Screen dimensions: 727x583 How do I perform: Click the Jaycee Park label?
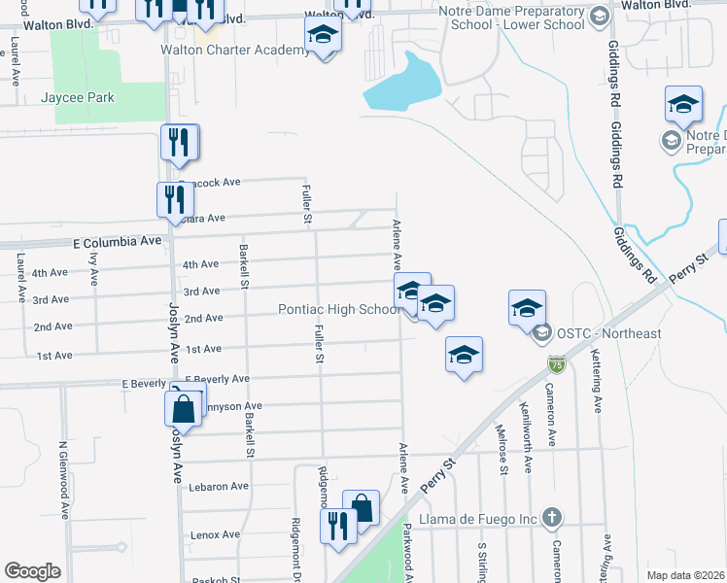pyautogui.click(x=78, y=97)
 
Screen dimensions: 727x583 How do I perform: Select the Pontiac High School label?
pyautogui.click(x=337, y=309)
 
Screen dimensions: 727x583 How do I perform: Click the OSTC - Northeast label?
pyautogui.click(x=608, y=333)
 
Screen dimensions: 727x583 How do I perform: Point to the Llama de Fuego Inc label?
pyautogui.click(x=479, y=519)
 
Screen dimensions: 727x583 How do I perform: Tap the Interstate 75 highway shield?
pyautogui.click(x=555, y=364)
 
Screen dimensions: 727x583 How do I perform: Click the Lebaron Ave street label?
pyautogui.click(x=220, y=486)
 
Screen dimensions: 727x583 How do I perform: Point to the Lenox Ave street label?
pyautogui.click(x=215, y=534)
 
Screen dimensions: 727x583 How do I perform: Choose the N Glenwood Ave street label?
pyautogui.click(x=63, y=482)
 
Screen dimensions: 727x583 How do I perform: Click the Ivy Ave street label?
pyautogui.click(x=94, y=269)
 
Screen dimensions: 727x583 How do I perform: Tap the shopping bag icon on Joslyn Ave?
pyautogui.click(x=184, y=409)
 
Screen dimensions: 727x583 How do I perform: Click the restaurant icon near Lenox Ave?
pyautogui.click(x=338, y=528)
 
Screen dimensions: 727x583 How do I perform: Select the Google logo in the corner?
pyautogui.click(x=32, y=571)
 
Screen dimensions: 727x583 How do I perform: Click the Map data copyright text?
pyautogui.click(x=685, y=575)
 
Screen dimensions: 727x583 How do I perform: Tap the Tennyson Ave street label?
pyautogui.click(x=231, y=406)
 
